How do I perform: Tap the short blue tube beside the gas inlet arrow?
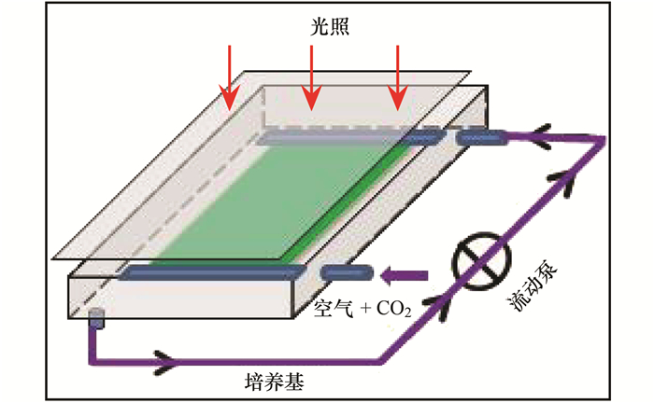click(x=347, y=272)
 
